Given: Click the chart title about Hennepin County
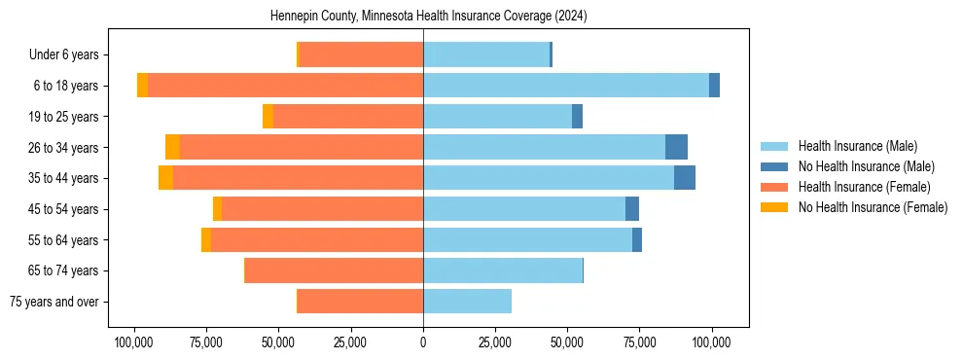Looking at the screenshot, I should point(428,17).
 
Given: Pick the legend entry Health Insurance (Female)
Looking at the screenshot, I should point(864,187).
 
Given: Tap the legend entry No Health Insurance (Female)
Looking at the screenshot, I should point(873,207).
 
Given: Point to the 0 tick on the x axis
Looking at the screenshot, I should point(423,342).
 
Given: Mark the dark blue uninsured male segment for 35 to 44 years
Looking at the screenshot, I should point(685,178).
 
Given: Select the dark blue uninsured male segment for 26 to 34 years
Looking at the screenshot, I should point(676,147).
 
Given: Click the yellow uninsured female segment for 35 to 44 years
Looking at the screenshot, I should point(165,178).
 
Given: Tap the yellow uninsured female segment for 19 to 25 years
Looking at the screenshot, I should point(268,117).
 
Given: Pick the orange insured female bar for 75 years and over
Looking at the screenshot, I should point(360,302).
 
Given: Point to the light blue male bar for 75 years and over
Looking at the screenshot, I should point(467,302).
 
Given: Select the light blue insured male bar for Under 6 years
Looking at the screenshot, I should point(486,54).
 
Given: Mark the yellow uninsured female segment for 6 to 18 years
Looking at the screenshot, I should point(142,86).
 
